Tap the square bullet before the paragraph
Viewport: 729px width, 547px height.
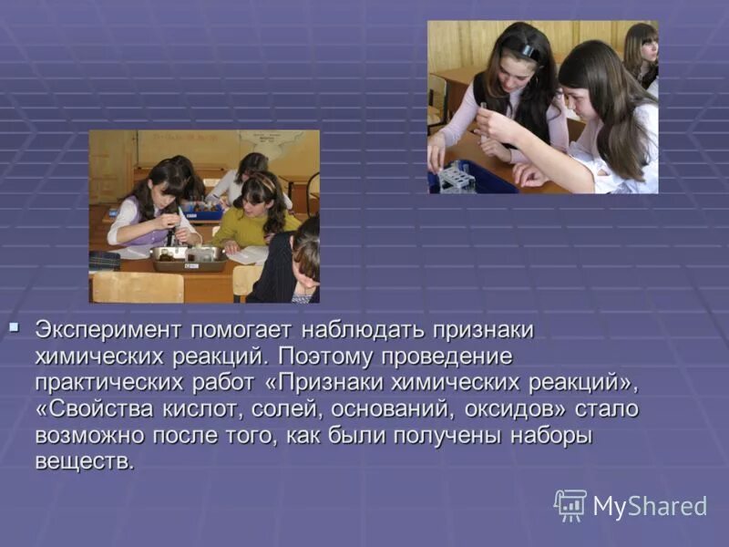[x=13, y=325]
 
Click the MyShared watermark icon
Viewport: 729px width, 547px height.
[x=570, y=505]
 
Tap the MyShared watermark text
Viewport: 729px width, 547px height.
[x=650, y=507]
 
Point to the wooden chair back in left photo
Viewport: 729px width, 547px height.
[x=138, y=287]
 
